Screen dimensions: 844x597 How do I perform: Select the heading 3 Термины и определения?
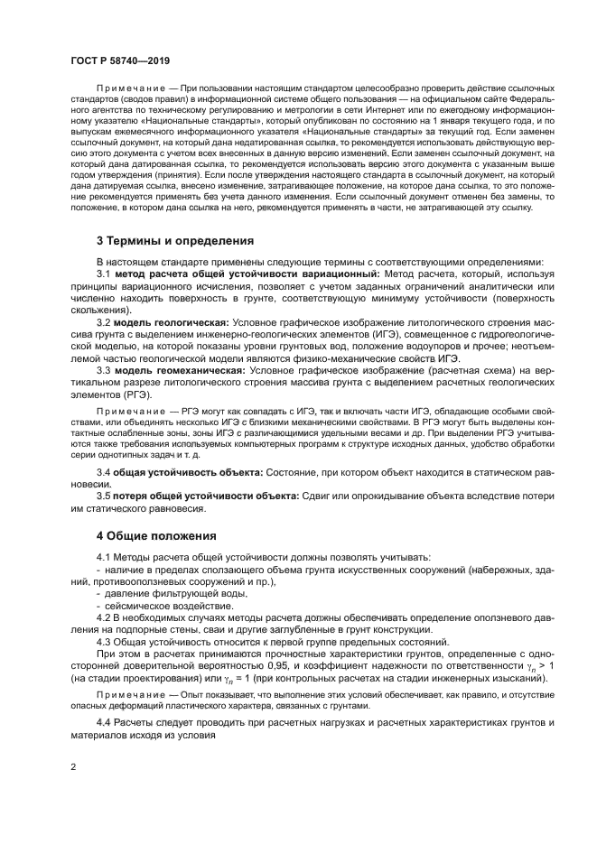click(175, 241)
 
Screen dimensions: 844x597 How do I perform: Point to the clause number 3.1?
click(104, 273)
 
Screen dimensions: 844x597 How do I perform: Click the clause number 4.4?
click(104, 725)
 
